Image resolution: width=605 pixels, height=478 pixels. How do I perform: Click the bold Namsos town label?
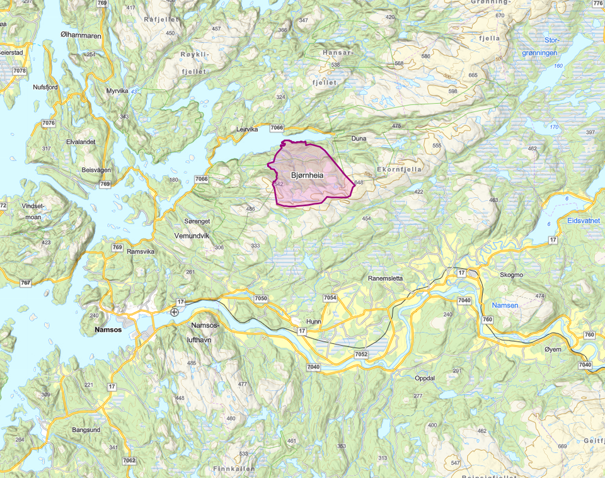[107, 329]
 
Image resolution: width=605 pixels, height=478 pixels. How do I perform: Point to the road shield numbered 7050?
[261, 298]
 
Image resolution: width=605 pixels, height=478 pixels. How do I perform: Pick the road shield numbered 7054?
[330, 297]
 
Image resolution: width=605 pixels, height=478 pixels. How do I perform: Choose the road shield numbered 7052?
[361, 355]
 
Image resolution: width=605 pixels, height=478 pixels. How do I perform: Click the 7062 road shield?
[129, 460]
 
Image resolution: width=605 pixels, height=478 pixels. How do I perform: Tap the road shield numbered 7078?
[20, 71]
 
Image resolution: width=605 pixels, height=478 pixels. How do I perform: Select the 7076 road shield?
[49, 123]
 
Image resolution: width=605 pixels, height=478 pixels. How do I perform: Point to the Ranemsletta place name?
[394, 278]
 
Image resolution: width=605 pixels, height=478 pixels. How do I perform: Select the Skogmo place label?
[511, 275]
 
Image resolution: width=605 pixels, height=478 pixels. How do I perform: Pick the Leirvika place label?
[248, 129]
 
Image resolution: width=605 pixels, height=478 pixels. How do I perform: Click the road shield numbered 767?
[25, 283]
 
